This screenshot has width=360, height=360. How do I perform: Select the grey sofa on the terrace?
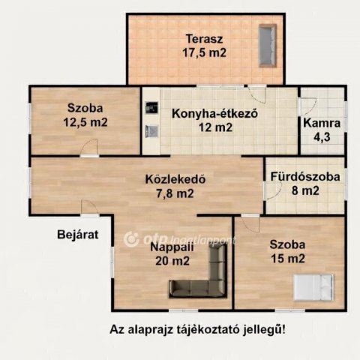point(267,46)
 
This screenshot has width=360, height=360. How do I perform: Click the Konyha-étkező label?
point(215,114)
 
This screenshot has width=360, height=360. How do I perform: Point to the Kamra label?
point(322,123)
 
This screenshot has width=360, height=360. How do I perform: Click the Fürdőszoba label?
point(306,177)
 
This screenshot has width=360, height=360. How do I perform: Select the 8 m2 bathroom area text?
point(306,190)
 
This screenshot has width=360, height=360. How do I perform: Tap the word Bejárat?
point(77,234)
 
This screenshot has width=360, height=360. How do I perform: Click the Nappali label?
point(168,247)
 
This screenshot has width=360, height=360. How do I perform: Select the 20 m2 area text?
point(169,261)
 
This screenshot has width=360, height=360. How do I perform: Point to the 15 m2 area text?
point(287,259)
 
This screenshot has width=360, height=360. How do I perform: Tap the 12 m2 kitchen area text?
point(215,127)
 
